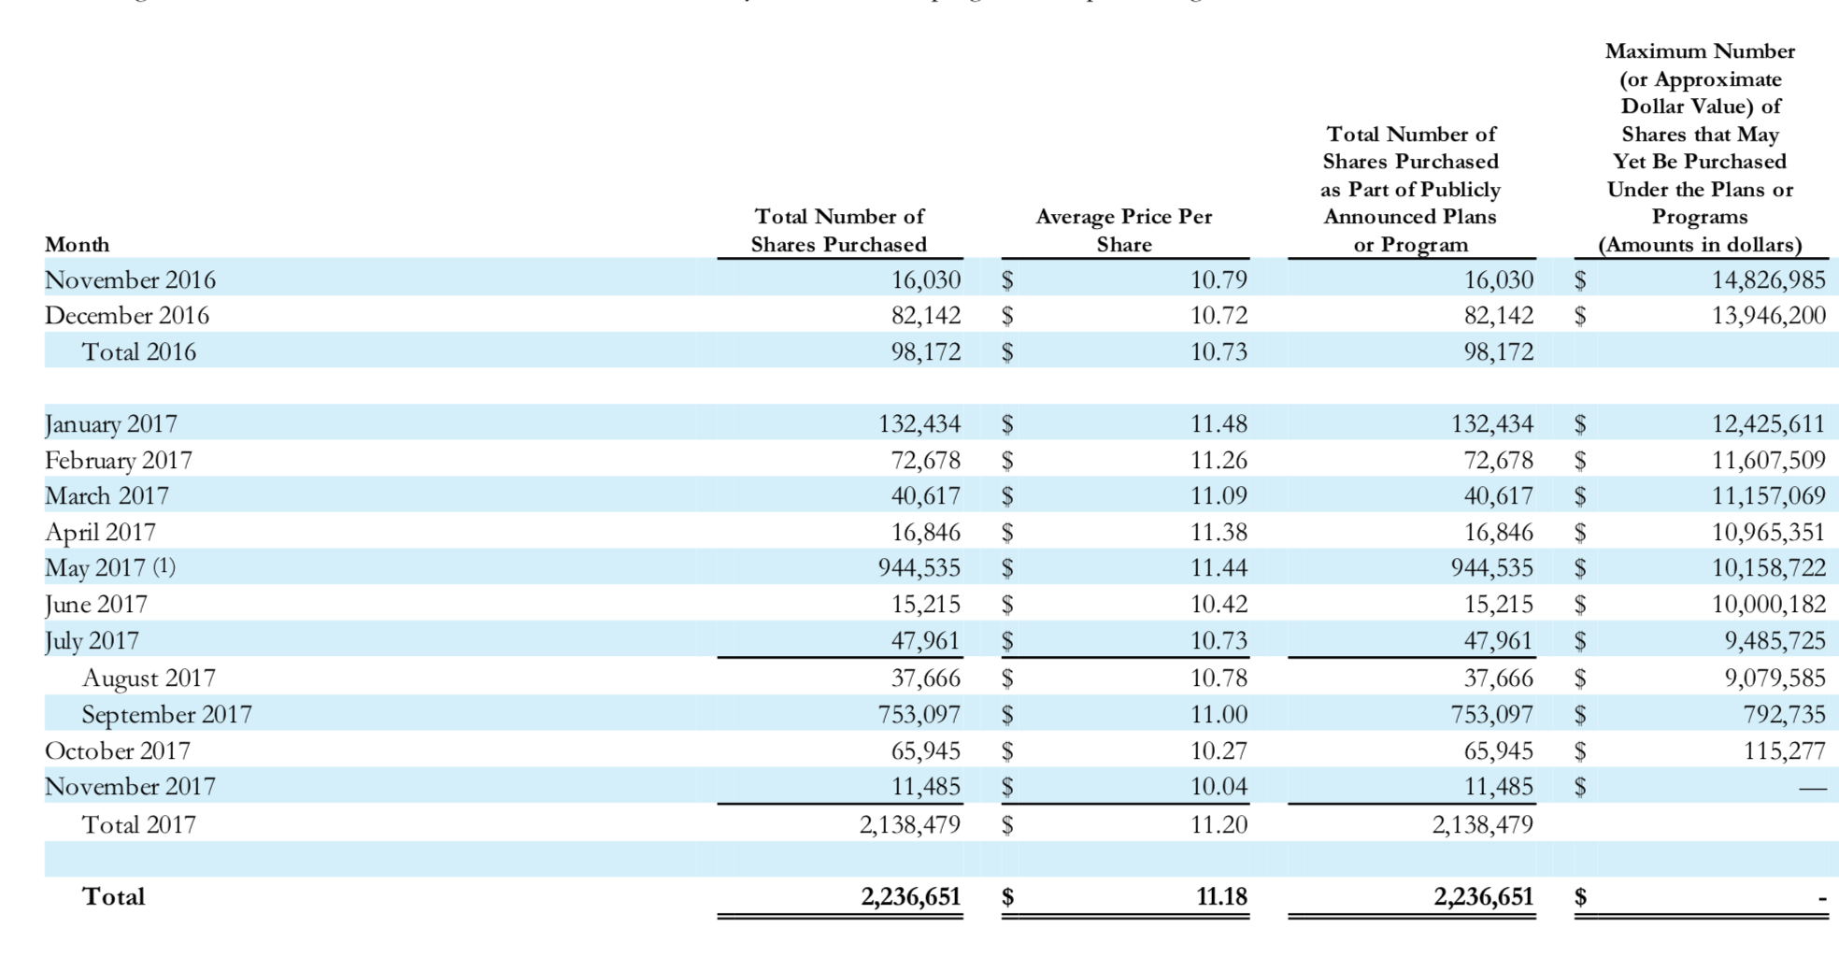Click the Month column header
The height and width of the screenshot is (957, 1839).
point(77,245)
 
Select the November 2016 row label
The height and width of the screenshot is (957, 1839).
point(130,280)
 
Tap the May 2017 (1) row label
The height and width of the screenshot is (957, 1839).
point(109,568)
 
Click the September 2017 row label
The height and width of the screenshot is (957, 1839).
point(166,715)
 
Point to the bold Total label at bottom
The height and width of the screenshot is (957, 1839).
point(113,897)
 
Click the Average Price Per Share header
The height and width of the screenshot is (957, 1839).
point(1123,231)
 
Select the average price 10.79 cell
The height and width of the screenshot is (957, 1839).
point(1219,280)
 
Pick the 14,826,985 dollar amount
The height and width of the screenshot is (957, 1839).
point(1768,280)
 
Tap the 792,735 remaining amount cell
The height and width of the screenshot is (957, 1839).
point(1784,715)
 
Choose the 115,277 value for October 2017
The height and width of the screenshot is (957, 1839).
point(1784,751)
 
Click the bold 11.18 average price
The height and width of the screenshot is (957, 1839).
point(1221,897)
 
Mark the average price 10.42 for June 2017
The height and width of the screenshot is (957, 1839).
point(1219,605)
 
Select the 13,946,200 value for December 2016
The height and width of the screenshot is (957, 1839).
point(1768,316)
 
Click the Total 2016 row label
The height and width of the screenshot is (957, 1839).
point(139,352)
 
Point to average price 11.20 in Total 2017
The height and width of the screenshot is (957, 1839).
point(1219,825)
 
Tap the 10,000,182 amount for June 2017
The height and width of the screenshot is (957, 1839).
point(1768,605)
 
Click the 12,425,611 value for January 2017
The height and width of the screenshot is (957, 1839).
point(1768,424)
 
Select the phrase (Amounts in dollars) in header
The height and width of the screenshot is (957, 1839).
point(1700,246)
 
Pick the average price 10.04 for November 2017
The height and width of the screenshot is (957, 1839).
point(1219,787)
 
